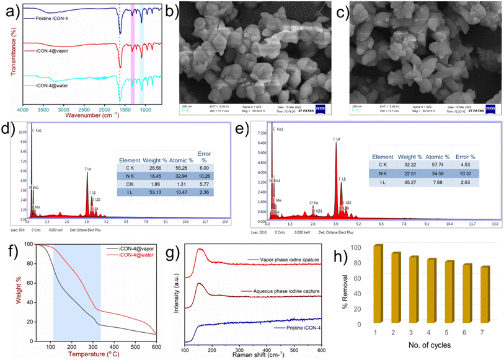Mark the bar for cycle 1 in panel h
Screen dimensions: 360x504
[x=378, y=284]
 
